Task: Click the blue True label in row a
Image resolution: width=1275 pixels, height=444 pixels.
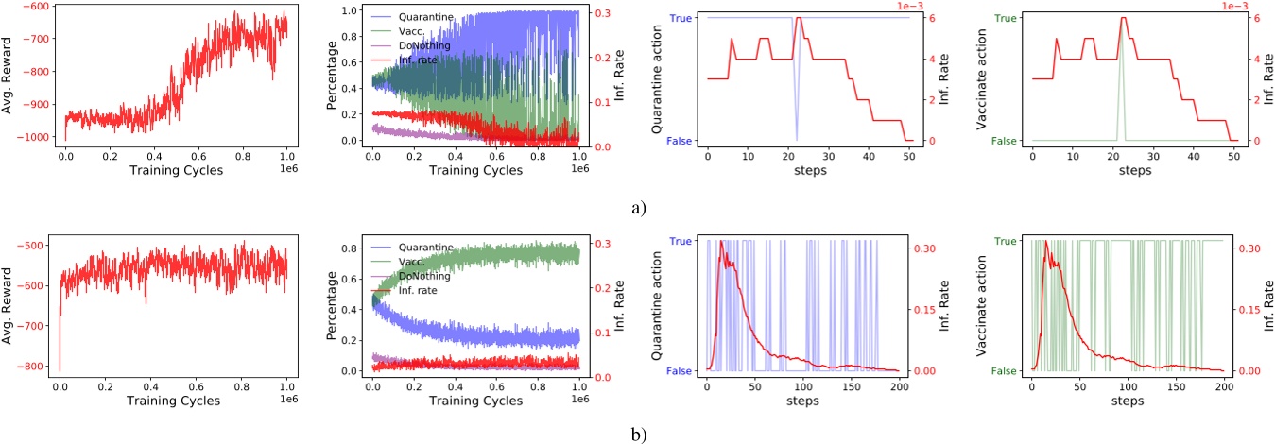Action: click(681, 18)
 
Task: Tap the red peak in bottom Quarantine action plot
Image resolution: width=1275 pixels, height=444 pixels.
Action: click(722, 242)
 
